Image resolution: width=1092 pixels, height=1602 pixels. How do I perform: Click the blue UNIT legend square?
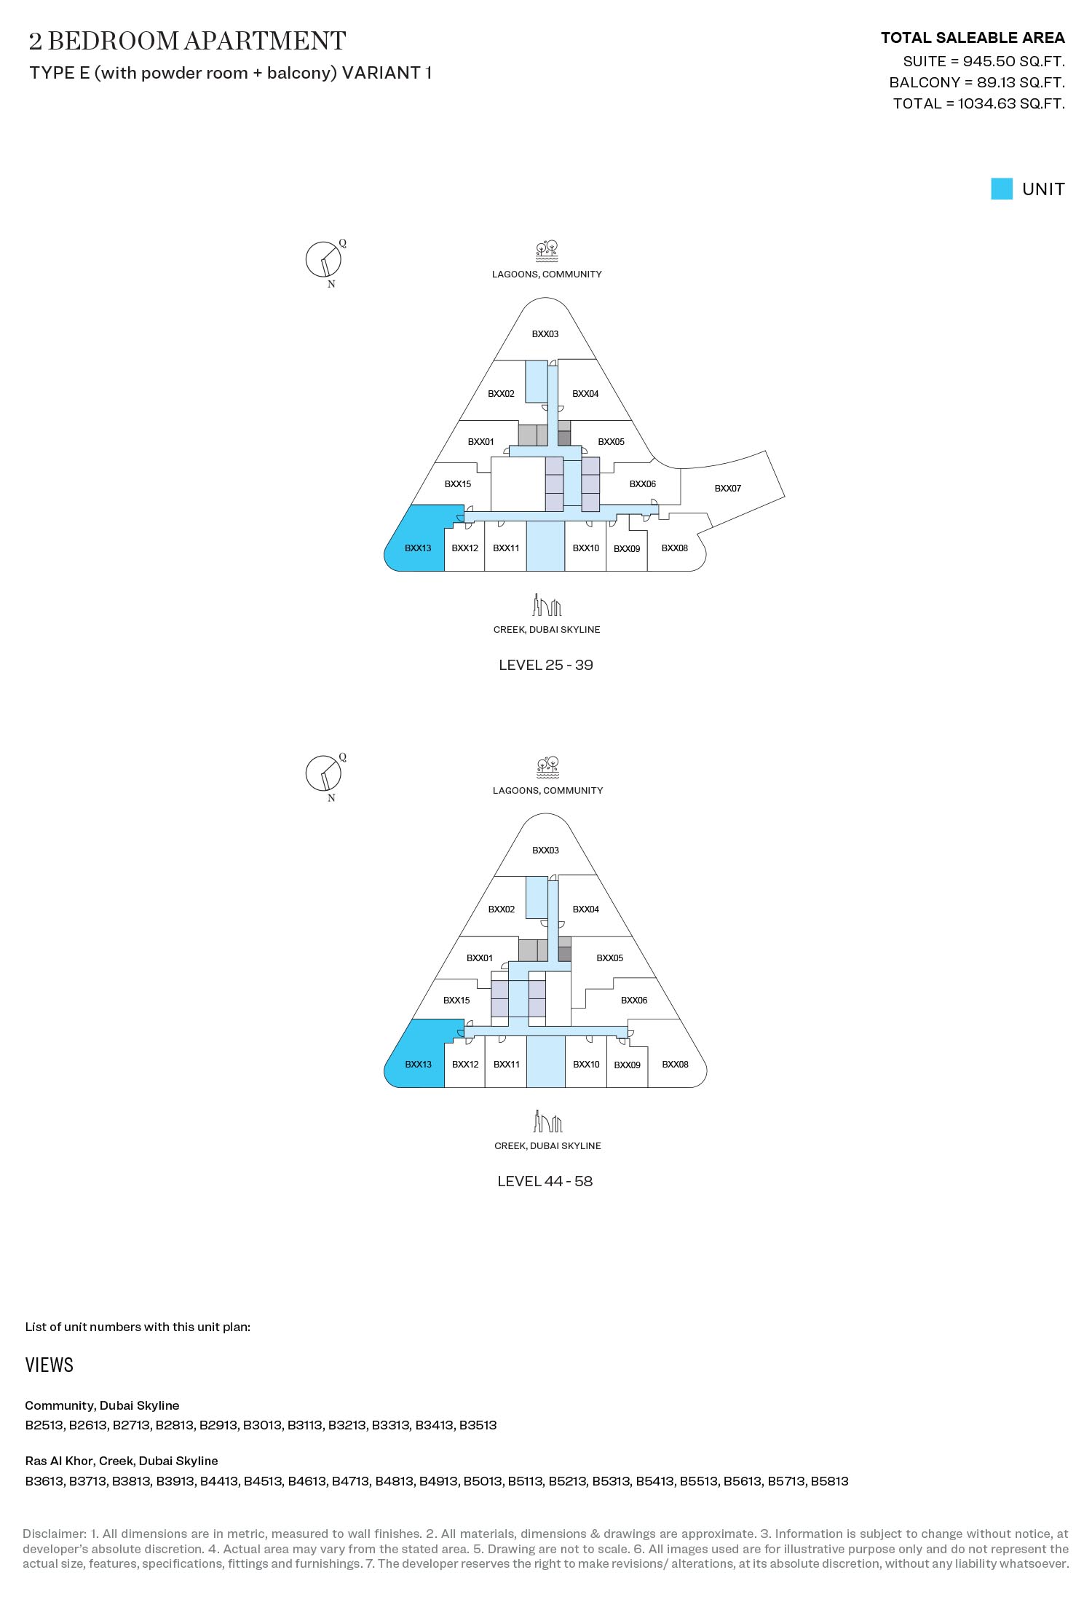coord(1002,189)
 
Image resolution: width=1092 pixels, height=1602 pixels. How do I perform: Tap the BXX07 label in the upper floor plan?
coord(727,489)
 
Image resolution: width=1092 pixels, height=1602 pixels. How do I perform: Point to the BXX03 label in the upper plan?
coord(545,334)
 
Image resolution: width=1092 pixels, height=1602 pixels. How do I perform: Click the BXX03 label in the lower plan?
coord(545,851)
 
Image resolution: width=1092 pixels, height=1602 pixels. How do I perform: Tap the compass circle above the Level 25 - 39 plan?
coord(323,260)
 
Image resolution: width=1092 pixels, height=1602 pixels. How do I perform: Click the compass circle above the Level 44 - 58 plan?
coord(323,773)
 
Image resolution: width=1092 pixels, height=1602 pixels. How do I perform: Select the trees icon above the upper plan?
coord(547,252)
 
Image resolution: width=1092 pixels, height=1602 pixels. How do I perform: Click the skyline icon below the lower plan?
coord(547,1121)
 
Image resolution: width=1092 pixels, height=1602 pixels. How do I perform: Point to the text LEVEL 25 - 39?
coord(546,665)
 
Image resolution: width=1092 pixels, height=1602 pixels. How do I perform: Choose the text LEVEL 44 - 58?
coord(545,1181)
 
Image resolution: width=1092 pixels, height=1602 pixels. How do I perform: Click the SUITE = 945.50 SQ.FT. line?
coord(984,61)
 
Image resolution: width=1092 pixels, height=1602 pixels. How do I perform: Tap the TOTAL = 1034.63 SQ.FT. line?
coord(979,103)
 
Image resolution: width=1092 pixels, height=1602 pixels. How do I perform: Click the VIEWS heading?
coord(50,1365)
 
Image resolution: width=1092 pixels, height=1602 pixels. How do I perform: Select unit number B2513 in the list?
coord(44,1425)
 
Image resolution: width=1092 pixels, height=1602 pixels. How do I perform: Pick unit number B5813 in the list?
coord(830,1481)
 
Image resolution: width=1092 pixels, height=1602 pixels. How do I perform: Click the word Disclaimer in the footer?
coord(53,1534)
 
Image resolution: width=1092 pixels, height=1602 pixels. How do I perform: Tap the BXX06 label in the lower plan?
coord(634,1001)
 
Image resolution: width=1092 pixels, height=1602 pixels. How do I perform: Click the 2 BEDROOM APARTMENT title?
coord(187,41)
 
